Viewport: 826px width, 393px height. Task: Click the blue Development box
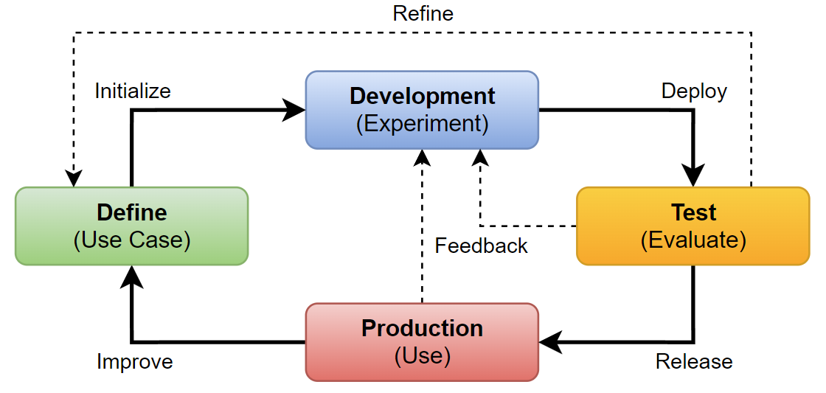pyautogui.click(x=422, y=110)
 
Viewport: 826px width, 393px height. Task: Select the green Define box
pyautogui.click(x=131, y=226)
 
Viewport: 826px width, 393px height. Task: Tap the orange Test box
pyautogui.click(x=693, y=226)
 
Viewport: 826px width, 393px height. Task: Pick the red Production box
pyautogui.click(x=422, y=341)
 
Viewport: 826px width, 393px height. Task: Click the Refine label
pyautogui.click(x=423, y=13)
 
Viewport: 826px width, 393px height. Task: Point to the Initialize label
pyautogui.click(x=133, y=91)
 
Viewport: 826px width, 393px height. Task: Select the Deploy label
pyautogui.click(x=694, y=91)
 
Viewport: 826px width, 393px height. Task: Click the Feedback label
pyautogui.click(x=481, y=246)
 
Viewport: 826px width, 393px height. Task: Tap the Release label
pyautogui.click(x=694, y=361)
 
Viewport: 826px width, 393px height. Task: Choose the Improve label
pyautogui.click(x=135, y=361)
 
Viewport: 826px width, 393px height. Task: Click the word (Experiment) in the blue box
pyautogui.click(x=422, y=123)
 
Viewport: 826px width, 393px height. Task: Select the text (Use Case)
pyautogui.click(x=132, y=240)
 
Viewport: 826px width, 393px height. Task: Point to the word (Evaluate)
pyautogui.click(x=693, y=240)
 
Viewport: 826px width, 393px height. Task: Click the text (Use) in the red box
pyautogui.click(x=422, y=355)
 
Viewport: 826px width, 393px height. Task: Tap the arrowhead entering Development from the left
pyautogui.click(x=295, y=110)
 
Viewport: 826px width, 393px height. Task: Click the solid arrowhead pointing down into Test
pyautogui.click(x=693, y=175)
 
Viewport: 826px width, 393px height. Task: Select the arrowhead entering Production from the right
pyautogui.click(x=550, y=341)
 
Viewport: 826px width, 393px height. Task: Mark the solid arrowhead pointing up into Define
pyautogui.click(x=132, y=276)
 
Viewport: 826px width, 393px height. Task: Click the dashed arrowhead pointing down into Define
pyautogui.click(x=72, y=178)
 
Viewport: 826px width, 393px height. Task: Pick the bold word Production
pyautogui.click(x=422, y=328)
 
